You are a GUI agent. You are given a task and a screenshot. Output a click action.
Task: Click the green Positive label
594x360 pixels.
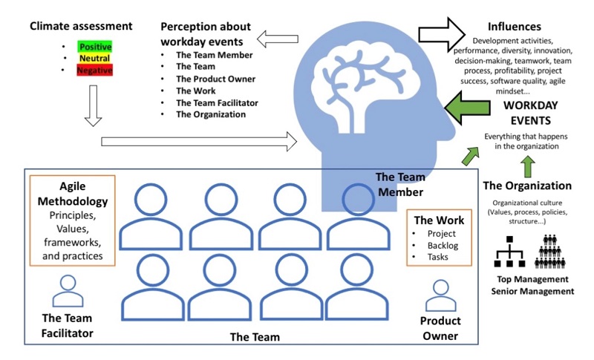95,47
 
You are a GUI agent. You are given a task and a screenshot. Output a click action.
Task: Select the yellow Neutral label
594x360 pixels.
95,59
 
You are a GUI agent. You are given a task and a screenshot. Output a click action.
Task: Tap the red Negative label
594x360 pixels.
95,71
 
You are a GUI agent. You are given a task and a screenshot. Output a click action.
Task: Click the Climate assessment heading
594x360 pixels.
81,27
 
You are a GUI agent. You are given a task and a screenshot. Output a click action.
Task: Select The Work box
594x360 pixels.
439,238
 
